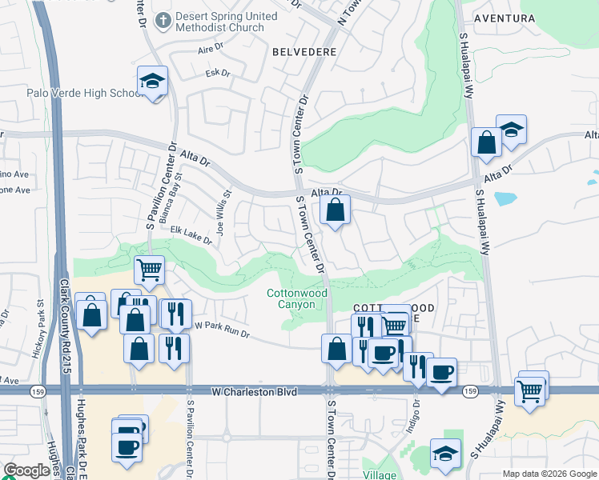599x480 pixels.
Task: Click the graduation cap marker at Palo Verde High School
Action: tap(151, 81)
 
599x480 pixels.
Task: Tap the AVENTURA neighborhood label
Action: tap(526, 18)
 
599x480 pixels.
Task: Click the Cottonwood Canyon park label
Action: tap(297, 298)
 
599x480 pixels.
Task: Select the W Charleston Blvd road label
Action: tap(254, 392)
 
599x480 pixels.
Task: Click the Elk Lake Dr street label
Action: tap(191, 234)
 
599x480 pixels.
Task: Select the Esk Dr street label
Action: tap(218, 74)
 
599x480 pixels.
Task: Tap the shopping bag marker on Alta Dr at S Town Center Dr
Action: tap(336, 211)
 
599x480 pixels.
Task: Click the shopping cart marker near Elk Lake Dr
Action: tap(150, 270)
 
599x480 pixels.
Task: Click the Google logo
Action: tap(26, 471)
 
